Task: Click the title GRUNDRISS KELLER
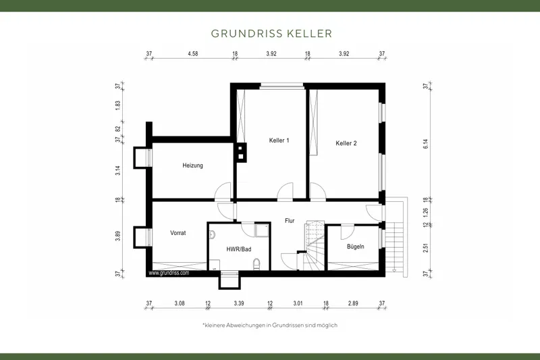(270, 32)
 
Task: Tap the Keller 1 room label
(279, 140)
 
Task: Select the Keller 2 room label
(346, 143)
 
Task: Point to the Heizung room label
(192, 165)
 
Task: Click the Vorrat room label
(178, 232)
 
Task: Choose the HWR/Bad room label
(238, 249)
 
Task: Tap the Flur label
(290, 220)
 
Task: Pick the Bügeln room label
(355, 247)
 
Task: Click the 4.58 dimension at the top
(192, 53)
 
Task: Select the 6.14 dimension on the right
(425, 143)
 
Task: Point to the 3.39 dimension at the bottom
(239, 304)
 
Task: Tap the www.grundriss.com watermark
(169, 274)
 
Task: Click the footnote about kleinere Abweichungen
(270, 325)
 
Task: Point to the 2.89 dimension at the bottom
(353, 304)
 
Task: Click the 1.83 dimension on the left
(117, 105)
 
